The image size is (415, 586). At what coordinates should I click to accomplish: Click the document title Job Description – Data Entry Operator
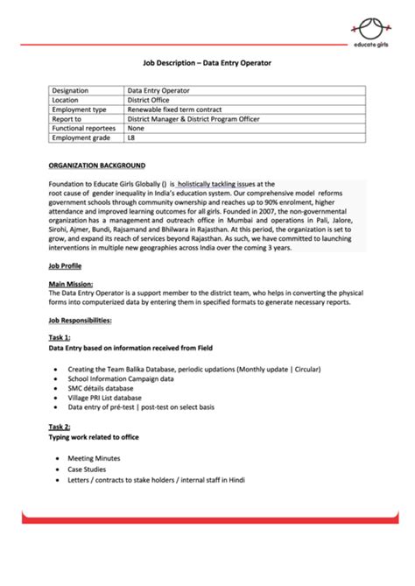pyautogui.click(x=207, y=63)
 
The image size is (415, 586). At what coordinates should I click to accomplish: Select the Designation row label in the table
pyautogui.click(x=73, y=90)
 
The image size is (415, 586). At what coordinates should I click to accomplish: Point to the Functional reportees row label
pyautogui.click(x=84, y=129)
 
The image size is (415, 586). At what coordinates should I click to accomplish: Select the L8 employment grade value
pyautogui.click(x=131, y=138)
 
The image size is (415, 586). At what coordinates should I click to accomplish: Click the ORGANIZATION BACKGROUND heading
pyautogui.click(x=97, y=165)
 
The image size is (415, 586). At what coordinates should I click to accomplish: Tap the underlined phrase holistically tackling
pyautogui.click(x=199, y=185)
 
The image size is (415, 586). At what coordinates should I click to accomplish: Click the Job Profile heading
pyautogui.click(x=66, y=265)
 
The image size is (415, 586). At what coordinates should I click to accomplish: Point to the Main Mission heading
pyautogui.click(x=72, y=283)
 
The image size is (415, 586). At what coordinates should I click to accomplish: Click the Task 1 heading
pyautogui.click(x=60, y=337)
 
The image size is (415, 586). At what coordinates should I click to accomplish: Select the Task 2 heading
pyautogui.click(x=60, y=426)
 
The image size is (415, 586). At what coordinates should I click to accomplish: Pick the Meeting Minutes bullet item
pyautogui.click(x=94, y=458)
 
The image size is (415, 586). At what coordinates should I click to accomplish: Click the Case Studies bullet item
pyautogui.click(x=87, y=469)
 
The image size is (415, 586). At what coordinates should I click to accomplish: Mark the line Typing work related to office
pyautogui.click(x=94, y=436)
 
